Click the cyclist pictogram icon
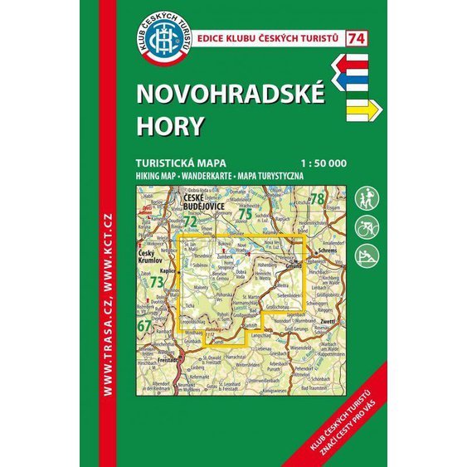pyautogui.click(x=365, y=226)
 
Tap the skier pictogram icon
pyautogui.click(x=365, y=253)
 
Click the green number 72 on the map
pyautogui.click(x=190, y=221)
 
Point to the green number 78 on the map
pyautogui.click(x=317, y=198)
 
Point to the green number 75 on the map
pyautogui.click(x=245, y=213)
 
